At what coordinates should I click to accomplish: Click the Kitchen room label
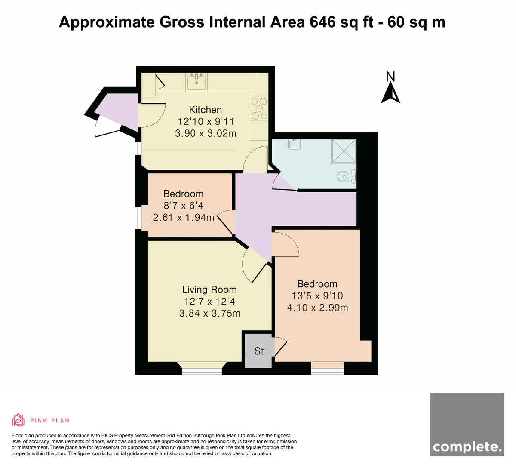coord(205,110)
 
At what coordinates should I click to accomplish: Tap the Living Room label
coord(209,289)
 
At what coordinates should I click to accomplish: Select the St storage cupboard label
coord(259,351)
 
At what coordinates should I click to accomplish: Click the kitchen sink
coord(197,82)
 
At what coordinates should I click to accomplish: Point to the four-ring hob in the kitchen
coord(258,108)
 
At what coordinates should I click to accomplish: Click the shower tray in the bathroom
coord(344,151)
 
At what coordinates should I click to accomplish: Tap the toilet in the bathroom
coord(347,176)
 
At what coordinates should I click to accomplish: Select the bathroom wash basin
coord(294,144)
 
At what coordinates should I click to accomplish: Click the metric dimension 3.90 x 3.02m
coord(206,133)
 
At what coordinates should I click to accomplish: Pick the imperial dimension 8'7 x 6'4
coord(184,206)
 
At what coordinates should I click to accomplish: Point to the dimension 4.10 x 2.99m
coord(317,308)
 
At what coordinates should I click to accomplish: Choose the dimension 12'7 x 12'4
coord(209,301)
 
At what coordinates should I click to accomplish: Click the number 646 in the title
coord(322,22)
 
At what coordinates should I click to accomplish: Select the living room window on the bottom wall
coord(202,371)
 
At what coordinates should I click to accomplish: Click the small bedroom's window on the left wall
coord(138,218)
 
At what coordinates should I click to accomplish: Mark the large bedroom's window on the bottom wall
coord(327,371)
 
